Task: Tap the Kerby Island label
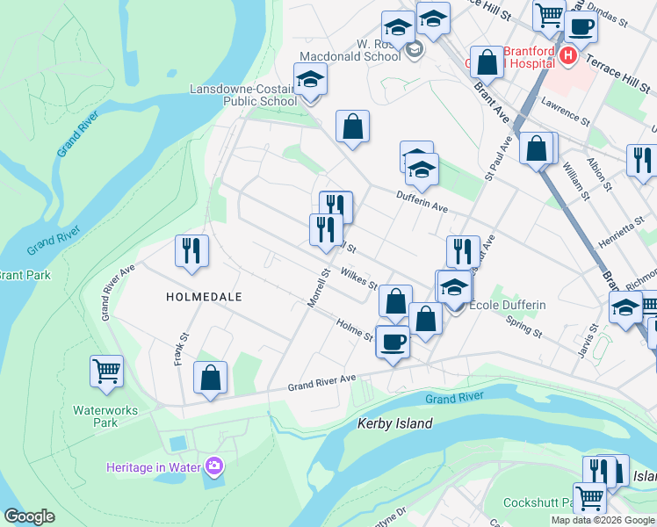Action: click(395, 423)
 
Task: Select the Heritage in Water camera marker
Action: click(213, 466)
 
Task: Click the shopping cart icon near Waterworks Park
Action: click(106, 371)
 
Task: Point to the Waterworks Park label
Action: click(95, 415)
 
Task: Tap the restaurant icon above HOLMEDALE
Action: click(191, 251)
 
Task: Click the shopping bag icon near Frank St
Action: click(211, 379)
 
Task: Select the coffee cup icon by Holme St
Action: click(393, 341)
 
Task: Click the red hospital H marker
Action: click(567, 56)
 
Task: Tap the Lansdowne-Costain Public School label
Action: click(244, 95)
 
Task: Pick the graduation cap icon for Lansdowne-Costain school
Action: click(309, 80)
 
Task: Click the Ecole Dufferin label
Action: click(509, 305)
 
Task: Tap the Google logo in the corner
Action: click(29, 516)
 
